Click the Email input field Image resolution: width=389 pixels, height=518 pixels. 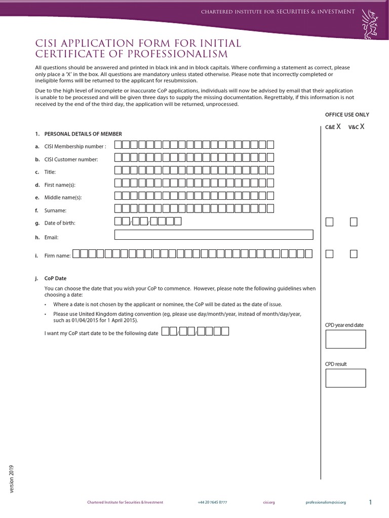point(214,235)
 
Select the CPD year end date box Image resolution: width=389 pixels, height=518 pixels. point(345,338)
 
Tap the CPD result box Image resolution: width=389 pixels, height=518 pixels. point(345,378)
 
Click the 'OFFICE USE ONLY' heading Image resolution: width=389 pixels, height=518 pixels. point(347,115)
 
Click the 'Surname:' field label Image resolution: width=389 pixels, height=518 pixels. point(55,210)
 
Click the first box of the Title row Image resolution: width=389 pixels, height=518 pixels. point(118,170)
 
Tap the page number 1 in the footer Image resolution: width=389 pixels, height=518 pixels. point(370,502)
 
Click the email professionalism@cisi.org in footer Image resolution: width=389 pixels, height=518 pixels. point(326,502)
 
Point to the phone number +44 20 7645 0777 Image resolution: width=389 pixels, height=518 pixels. point(212,502)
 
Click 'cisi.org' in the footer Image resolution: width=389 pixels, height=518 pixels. point(269,502)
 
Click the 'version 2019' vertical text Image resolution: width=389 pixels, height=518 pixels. point(12,479)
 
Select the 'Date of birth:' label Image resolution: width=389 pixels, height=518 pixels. point(59,223)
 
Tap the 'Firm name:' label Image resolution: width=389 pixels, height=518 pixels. point(57,256)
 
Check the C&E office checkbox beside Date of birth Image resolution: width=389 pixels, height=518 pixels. point(329,222)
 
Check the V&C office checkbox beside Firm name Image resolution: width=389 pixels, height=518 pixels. point(354,253)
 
